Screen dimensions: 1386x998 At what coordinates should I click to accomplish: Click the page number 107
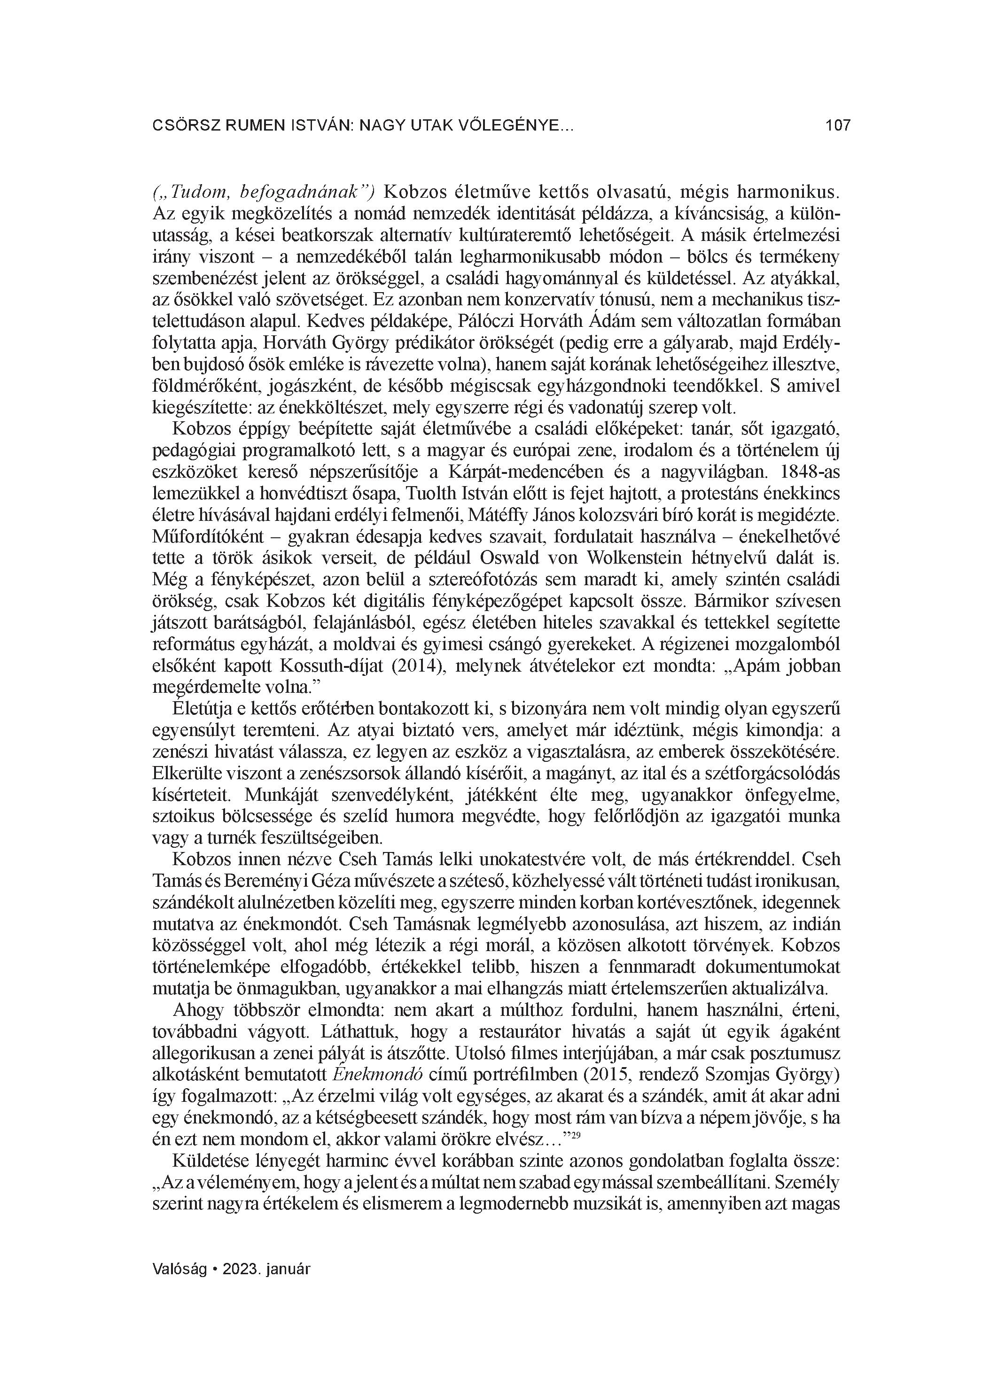click(837, 126)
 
